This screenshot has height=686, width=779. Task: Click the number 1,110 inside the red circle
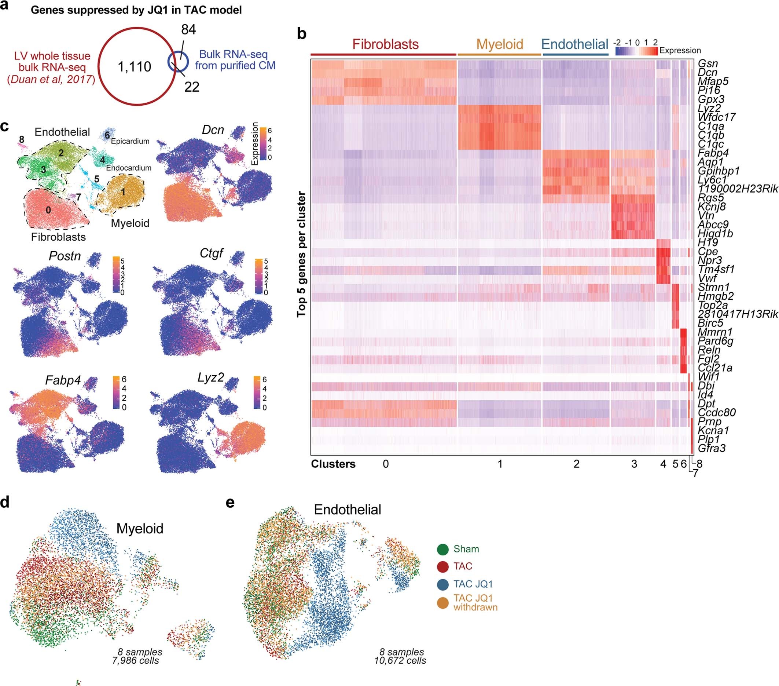click(134, 67)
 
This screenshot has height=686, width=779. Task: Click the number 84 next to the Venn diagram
click(188, 30)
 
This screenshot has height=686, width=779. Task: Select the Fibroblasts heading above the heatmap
click(385, 44)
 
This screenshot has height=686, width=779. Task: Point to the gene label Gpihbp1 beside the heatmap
click(719, 171)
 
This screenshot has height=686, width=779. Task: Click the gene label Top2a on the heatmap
click(712, 305)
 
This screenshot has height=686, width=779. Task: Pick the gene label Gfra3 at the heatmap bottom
click(711, 448)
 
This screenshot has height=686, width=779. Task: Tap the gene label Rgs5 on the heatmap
click(710, 198)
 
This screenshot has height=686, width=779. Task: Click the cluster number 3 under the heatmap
click(634, 464)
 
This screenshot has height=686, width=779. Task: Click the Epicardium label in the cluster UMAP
click(130, 141)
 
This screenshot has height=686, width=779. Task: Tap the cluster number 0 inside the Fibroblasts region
click(48, 210)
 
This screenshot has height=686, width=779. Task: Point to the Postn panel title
click(65, 256)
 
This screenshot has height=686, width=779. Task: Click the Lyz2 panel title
click(210, 377)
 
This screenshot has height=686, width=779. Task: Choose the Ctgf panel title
click(212, 253)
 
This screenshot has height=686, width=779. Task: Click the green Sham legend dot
click(442, 549)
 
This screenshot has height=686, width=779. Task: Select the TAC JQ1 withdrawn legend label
click(475, 602)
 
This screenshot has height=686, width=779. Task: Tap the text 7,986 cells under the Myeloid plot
click(135, 660)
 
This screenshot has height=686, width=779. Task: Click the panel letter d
click(5, 502)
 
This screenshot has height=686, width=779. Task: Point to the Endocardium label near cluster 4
click(128, 168)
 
